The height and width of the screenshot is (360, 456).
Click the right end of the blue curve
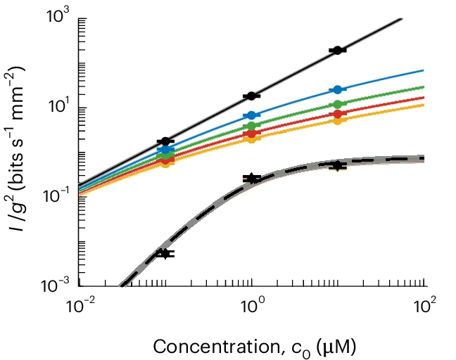click(x=423, y=70)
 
